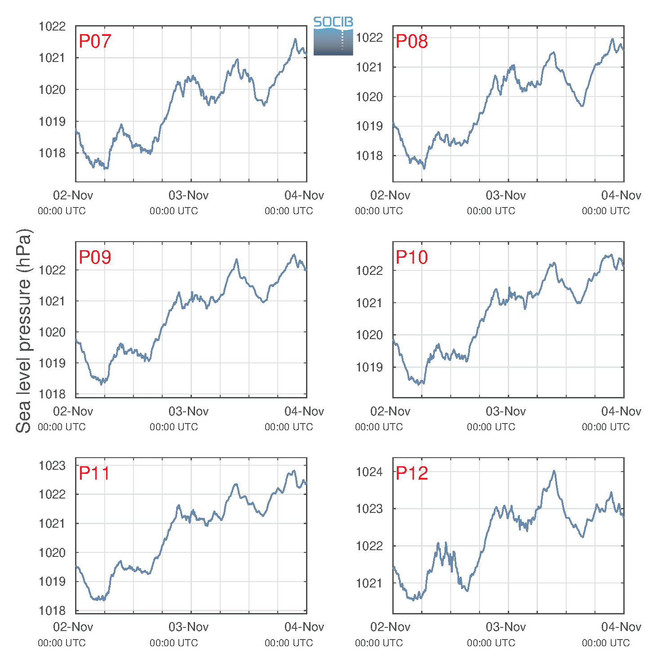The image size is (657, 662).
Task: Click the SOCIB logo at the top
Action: (333, 36)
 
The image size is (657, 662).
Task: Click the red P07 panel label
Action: (95, 41)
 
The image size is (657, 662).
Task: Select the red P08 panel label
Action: (412, 41)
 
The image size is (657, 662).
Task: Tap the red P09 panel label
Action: (95, 257)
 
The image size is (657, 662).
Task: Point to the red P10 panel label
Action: (412, 257)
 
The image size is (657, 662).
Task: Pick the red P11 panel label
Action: (94, 473)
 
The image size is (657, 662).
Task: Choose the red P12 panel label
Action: (412, 473)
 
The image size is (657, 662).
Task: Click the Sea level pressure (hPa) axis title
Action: (24, 331)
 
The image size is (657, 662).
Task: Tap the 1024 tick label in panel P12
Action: (369, 472)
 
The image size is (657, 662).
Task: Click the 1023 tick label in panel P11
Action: (52, 465)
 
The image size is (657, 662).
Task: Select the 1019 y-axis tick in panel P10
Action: (369, 367)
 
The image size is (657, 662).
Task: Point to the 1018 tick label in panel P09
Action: (52, 394)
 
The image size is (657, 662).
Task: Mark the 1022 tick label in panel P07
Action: (52, 26)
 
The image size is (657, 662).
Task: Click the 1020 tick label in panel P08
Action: (369, 97)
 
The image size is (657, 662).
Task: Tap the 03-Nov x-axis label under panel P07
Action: (188, 195)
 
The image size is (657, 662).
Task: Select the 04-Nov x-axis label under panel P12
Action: (621, 627)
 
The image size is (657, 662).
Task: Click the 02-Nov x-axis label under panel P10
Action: (390, 411)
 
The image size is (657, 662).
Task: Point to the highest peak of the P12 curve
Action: (554, 471)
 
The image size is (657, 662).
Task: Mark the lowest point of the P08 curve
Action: (424, 168)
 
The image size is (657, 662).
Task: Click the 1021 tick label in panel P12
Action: (369, 583)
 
